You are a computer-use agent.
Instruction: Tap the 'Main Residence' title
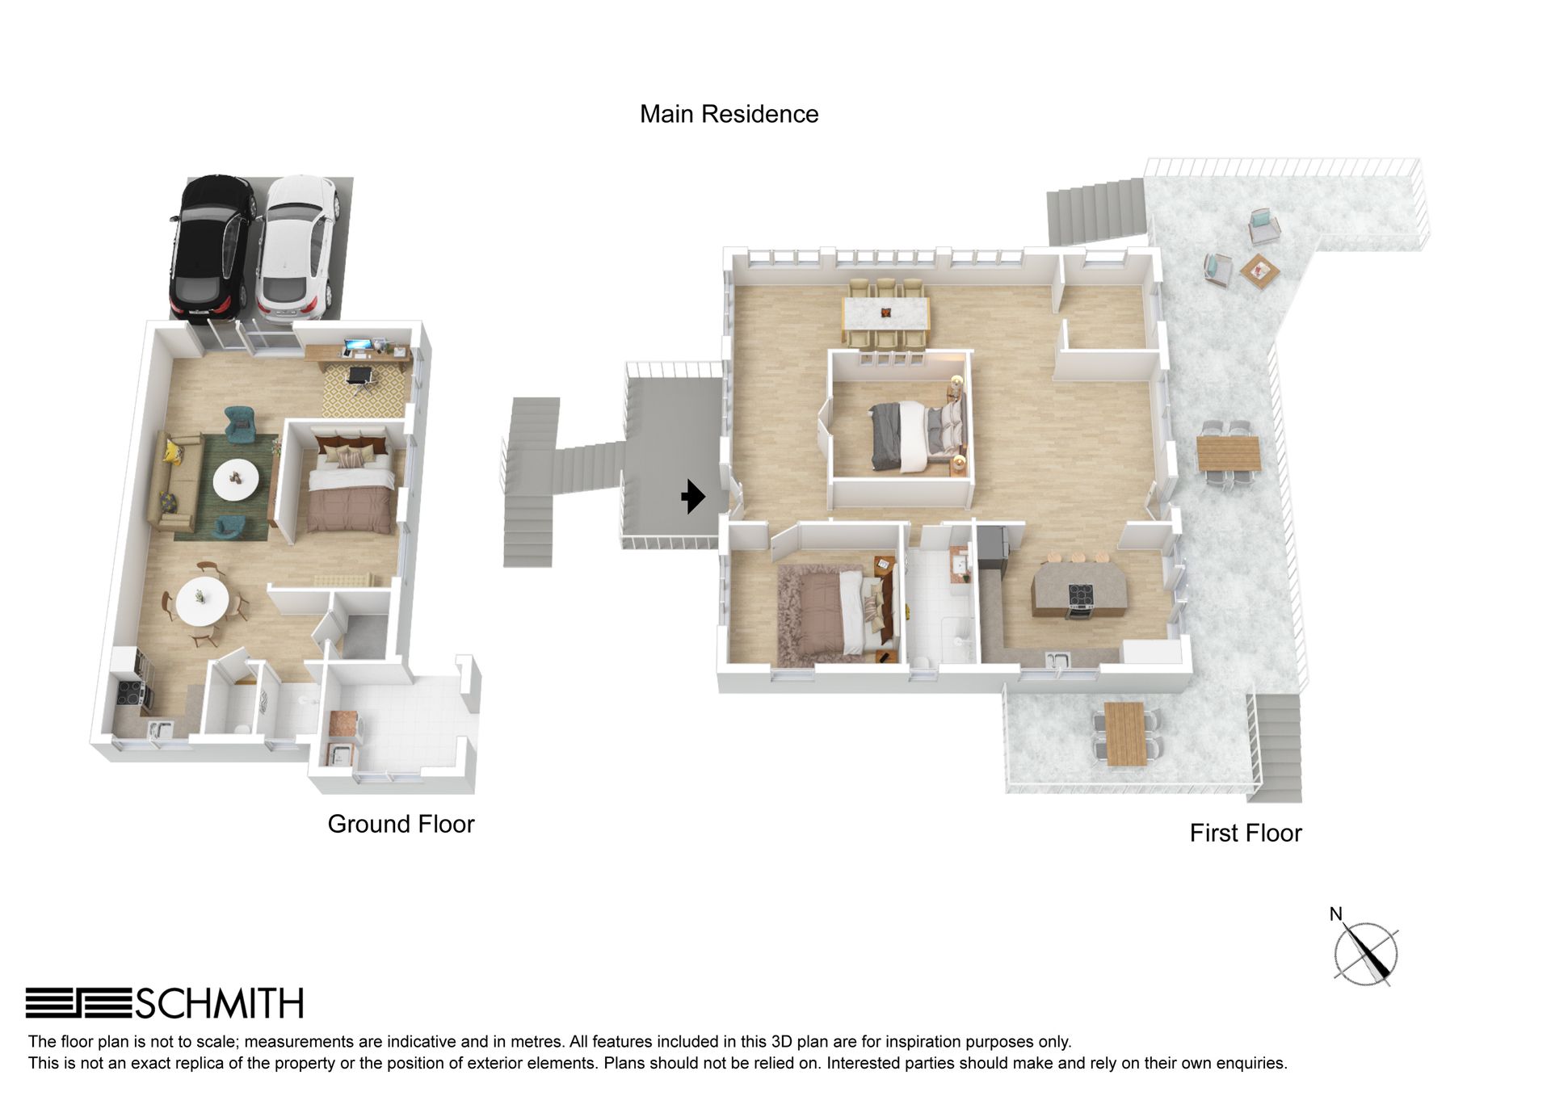(729, 114)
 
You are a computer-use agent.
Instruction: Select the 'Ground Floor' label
(401, 824)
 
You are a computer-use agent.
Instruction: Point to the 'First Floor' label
(1246, 833)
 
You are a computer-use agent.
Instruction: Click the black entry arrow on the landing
(693, 496)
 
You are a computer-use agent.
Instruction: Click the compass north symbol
(1364, 951)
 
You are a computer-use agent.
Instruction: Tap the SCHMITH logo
(165, 1003)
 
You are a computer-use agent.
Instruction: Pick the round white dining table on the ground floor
(202, 600)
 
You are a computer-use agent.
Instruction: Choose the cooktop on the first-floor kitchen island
(1081, 595)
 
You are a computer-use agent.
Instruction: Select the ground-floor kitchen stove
(130, 692)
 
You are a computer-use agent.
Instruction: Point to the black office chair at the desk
(360, 377)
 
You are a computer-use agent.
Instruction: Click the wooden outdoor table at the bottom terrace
(1124, 733)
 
